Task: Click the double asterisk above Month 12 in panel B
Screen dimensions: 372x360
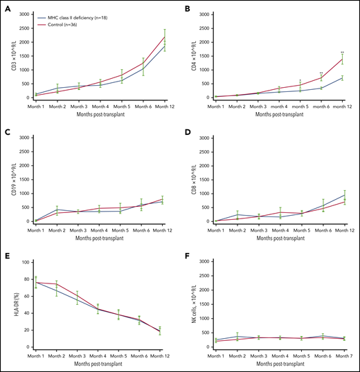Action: [x=342, y=52]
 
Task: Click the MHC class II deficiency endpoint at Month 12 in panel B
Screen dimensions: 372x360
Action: [x=342, y=78]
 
